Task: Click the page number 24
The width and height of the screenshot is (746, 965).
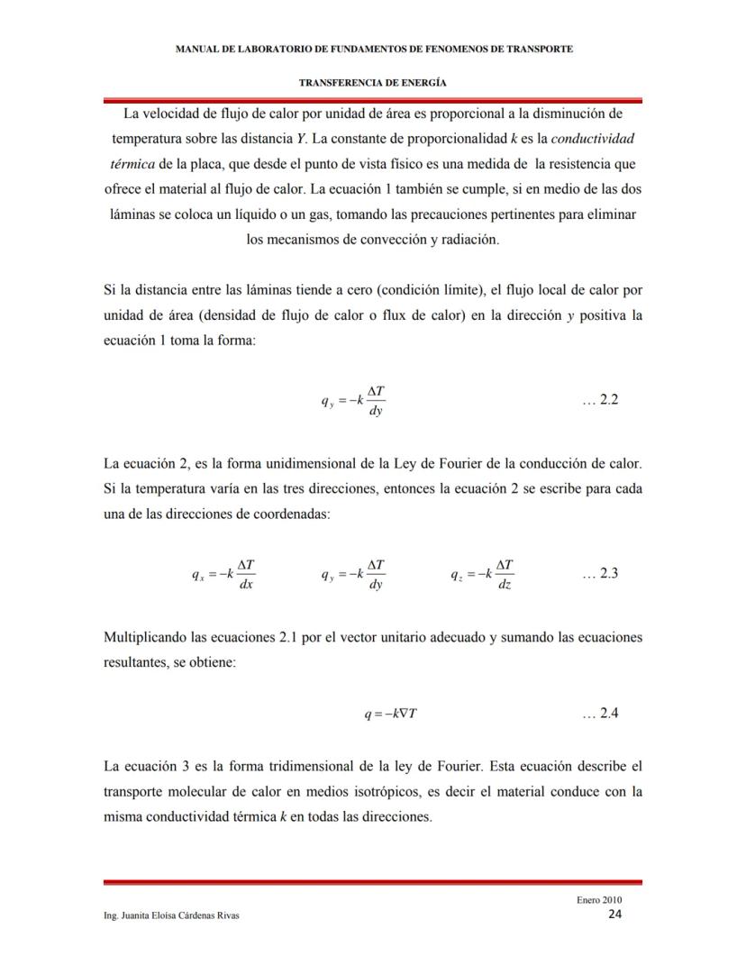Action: tap(614, 914)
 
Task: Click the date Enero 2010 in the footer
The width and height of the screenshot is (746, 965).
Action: tap(599, 899)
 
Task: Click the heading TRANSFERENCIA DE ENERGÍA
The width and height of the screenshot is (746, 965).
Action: tap(373, 82)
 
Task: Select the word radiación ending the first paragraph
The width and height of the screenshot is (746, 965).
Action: tap(466, 241)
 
